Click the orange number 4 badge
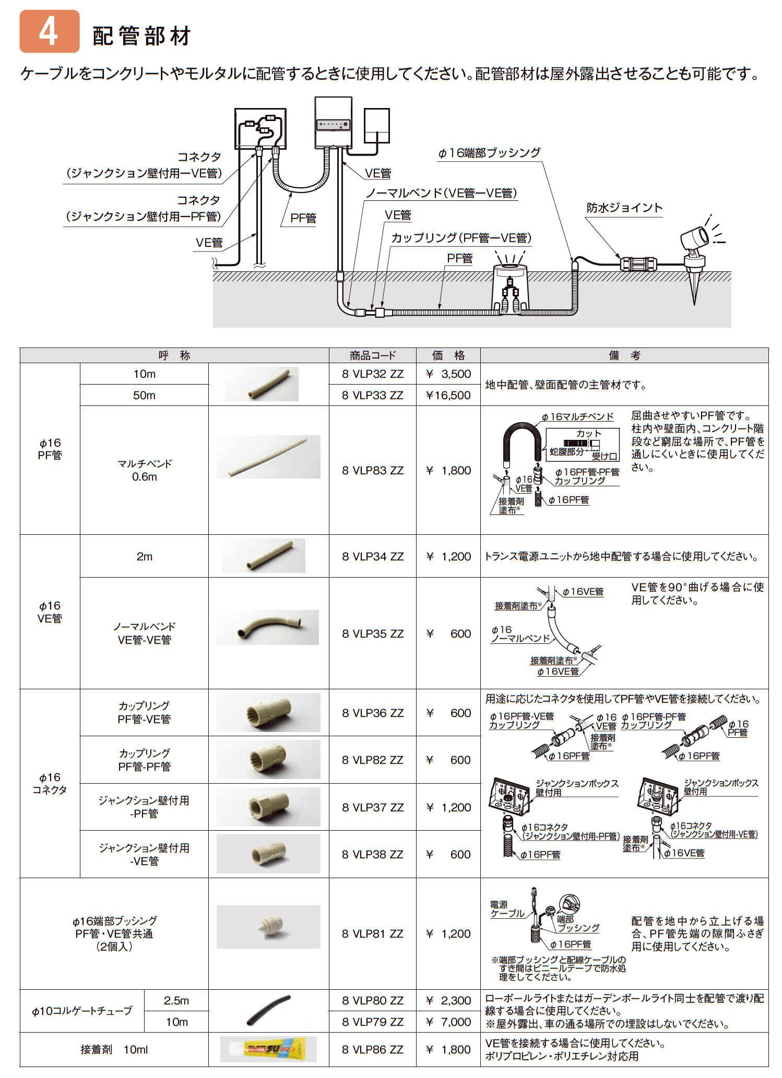point(49,31)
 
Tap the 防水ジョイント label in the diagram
point(624,208)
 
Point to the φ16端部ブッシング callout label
point(489,153)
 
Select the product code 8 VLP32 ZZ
point(373,374)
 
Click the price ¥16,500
point(448,396)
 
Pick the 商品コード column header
point(373,355)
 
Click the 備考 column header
point(624,355)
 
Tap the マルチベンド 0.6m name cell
point(144,470)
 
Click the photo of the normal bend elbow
point(268,627)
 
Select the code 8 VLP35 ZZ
point(373,633)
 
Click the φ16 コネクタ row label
point(50,784)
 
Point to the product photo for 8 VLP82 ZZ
point(268,760)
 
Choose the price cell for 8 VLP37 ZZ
point(448,807)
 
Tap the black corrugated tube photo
point(268,1011)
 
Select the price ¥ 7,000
point(448,1022)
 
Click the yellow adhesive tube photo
point(268,1049)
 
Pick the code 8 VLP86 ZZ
point(373,1049)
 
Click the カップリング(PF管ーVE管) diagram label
point(461,238)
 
